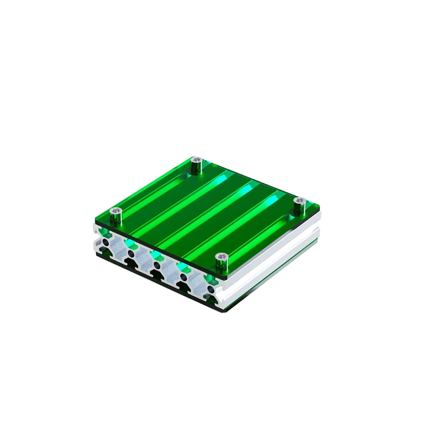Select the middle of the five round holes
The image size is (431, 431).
(x=157, y=265)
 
